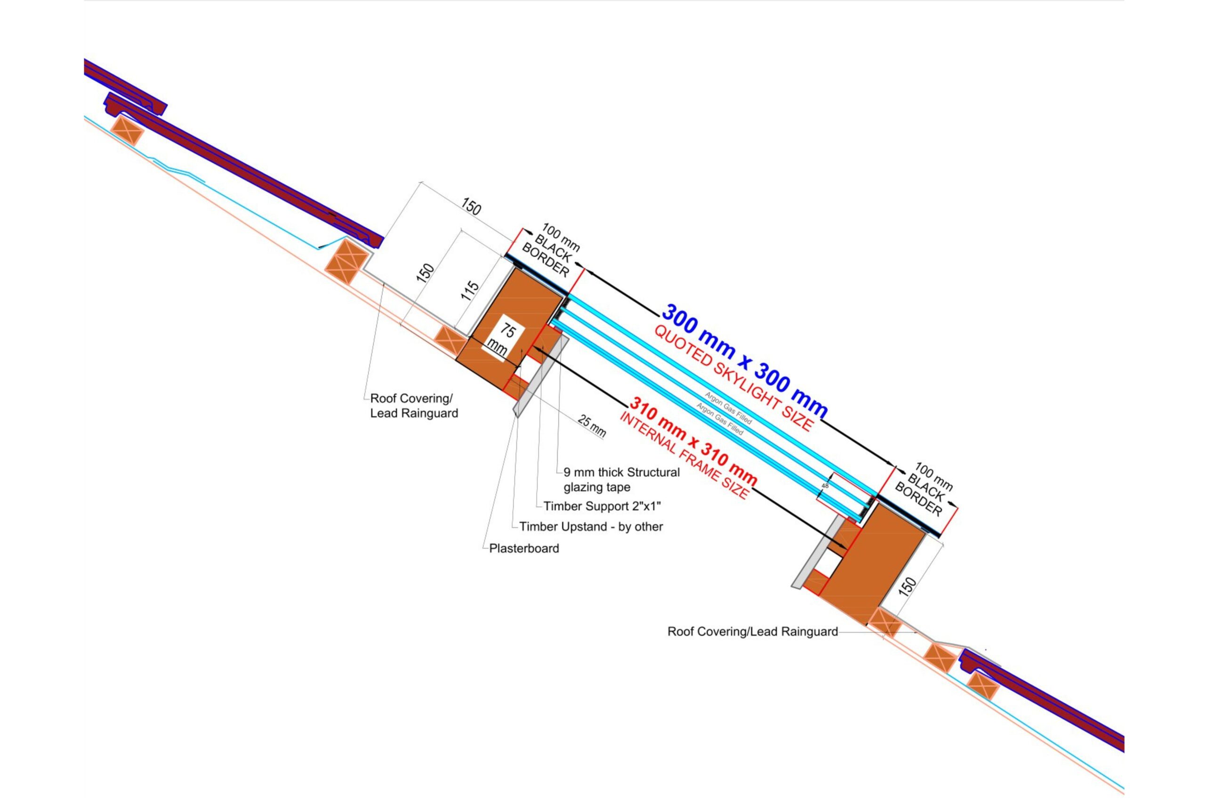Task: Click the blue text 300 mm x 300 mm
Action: coord(744,361)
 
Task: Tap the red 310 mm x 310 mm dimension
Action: coord(693,441)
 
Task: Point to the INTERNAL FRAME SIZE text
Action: coord(683,456)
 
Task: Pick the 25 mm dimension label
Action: coord(592,426)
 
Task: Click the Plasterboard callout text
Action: coord(524,548)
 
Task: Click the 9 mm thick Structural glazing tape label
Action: coord(621,479)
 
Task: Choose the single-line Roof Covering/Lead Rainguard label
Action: coord(753,631)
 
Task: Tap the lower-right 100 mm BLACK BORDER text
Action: coord(924,490)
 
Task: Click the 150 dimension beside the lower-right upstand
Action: coord(908,586)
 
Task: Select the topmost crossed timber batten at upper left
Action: coord(128,130)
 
